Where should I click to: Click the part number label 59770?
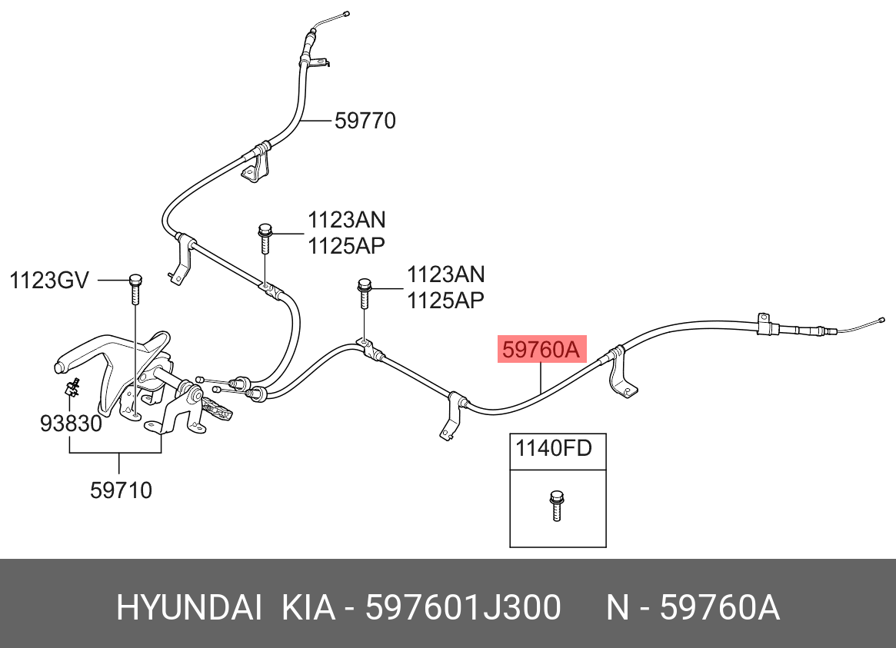pos(365,121)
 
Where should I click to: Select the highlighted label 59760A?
pos(541,349)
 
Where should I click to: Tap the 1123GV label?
pos(49,281)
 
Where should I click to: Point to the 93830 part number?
pos(71,423)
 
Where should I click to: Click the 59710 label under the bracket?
pos(122,490)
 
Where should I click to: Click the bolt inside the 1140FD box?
pos(556,505)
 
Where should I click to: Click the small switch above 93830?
pos(72,388)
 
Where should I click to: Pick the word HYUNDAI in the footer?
pos(189,607)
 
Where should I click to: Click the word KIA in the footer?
pos(308,607)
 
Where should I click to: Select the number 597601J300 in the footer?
pos(463,607)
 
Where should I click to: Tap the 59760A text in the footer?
pos(719,607)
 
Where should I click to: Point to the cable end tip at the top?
pos(346,13)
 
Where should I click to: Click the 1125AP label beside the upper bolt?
pos(346,245)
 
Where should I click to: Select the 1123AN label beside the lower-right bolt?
pos(446,274)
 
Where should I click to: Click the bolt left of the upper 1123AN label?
pos(265,238)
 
